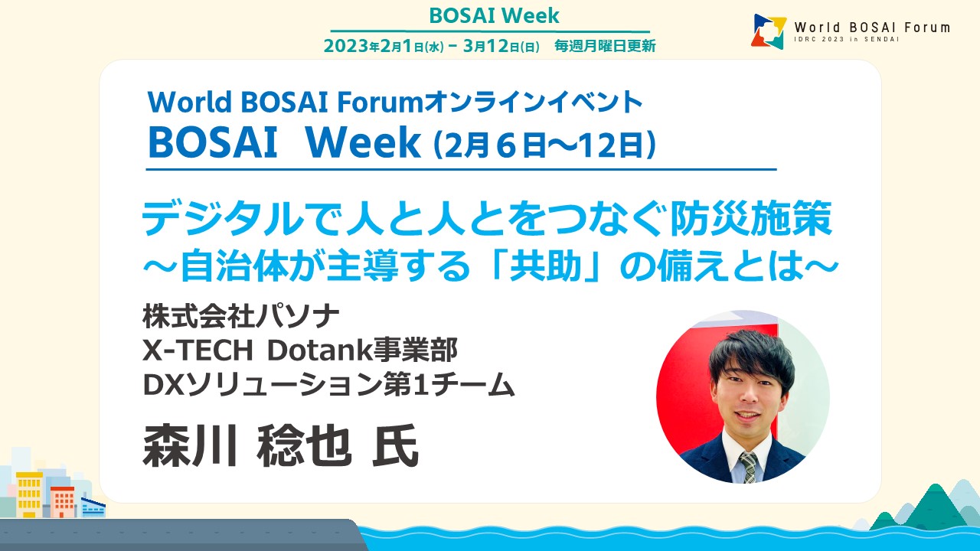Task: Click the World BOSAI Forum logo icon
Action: (x=769, y=31)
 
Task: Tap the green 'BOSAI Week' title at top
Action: (x=494, y=16)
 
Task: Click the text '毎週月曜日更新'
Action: (x=605, y=46)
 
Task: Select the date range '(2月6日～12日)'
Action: (x=544, y=145)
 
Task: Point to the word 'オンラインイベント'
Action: (x=534, y=102)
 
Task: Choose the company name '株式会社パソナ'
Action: (x=240, y=316)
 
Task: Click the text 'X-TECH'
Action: (x=198, y=350)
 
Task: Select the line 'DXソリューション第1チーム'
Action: (x=328, y=384)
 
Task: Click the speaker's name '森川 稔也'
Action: (x=247, y=445)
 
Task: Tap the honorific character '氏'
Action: (x=396, y=445)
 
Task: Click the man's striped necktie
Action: (x=749, y=467)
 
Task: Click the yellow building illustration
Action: (x=29, y=494)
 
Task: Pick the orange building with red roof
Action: (x=62, y=502)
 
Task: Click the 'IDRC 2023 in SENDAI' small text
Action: (x=847, y=39)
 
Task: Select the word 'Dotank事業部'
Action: (x=363, y=350)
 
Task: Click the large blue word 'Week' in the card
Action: (x=363, y=142)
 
